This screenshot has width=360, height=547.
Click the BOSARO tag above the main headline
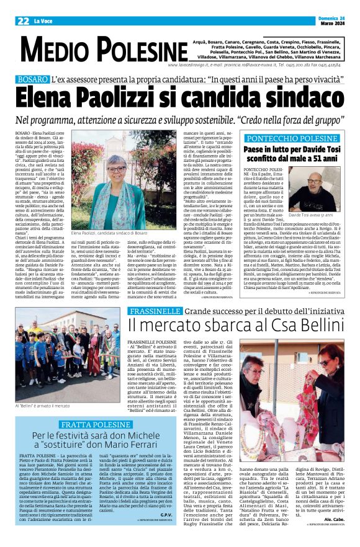(33, 79)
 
